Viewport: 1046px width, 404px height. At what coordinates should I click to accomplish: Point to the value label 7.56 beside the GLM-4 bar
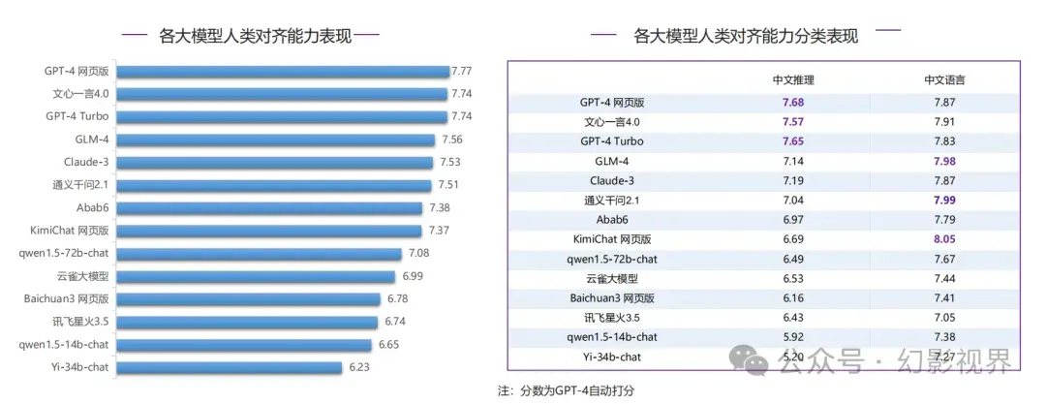pyautogui.click(x=451, y=140)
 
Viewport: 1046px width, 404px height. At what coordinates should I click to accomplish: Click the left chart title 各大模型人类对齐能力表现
pyautogui.click(x=250, y=36)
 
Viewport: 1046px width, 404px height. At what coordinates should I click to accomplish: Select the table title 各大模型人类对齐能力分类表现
pyautogui.click(x=745, y=36)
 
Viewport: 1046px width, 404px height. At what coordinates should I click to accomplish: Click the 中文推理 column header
pyautogui.click(x=793, y=80)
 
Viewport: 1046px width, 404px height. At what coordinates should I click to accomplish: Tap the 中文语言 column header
pyautogui.click(x=944, y=80)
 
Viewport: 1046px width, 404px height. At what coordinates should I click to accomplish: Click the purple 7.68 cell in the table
pyautogui.click(x=793, y=103)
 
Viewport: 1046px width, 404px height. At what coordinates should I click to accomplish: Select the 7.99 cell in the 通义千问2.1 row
pyautogui.click(x=944, y=201)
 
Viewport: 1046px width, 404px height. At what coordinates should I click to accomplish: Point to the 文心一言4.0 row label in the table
pyautogui.click(x=612, y=122)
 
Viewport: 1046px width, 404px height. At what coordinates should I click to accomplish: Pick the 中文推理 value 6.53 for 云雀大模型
pyautogui.click(x=793, y=279)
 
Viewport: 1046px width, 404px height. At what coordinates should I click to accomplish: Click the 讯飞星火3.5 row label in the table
pyautogui.click(x=612, y=318)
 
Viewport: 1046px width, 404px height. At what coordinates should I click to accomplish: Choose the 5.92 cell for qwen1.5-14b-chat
pyautogui.click(x=793, y=337)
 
